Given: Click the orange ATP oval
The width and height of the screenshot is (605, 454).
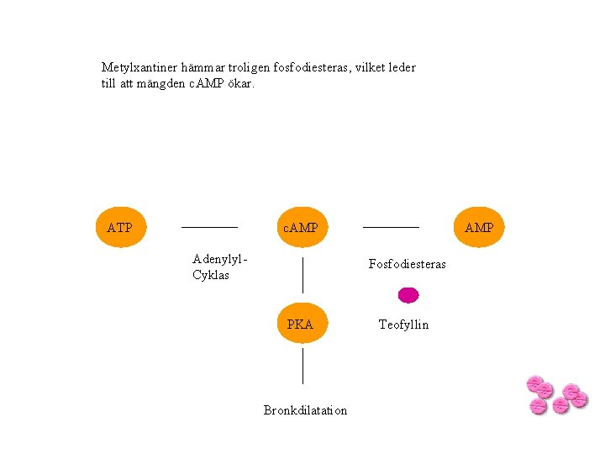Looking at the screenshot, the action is pyautogui.click(x=120, y=227).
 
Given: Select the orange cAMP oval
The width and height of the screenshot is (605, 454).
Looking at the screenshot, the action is pyautogui.click(x=301, y=227).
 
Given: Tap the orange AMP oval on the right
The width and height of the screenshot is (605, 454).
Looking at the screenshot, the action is pyautogui.click(x=479, y=227).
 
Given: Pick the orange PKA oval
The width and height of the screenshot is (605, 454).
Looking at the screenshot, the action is pyautogui.click(x=301, y=324).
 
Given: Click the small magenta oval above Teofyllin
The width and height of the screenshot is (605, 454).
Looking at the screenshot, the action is pyautogui.click(x=408, y=294).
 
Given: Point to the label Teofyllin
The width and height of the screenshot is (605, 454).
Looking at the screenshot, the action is pyautogui.click(x=403, y=325).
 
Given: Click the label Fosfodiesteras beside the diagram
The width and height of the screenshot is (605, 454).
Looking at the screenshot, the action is pyautogui.click(x=408, y=264).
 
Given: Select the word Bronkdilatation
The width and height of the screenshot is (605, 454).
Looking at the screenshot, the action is pyautogui.click(x=305, y=410).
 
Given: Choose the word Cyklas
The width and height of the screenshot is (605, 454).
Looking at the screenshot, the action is pyautogui.click(x=210, y=275).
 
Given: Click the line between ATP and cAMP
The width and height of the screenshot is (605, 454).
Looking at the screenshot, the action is pyautogui.click(x=210, y=227).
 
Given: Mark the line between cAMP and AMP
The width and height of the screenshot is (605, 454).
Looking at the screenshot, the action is pyautogui.click(x=391, y=227).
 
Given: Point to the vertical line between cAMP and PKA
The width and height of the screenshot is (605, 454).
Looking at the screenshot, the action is pyautogui.click(x=302, y=275).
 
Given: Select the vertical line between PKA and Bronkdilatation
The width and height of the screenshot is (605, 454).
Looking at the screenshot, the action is pyautogui.click(x=302, y=367).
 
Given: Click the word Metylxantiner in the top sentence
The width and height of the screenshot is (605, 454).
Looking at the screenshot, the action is pyautogui.click(x=137, y=67).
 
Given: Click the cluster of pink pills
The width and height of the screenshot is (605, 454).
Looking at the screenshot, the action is pyautogui.click(x=555, y=394).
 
